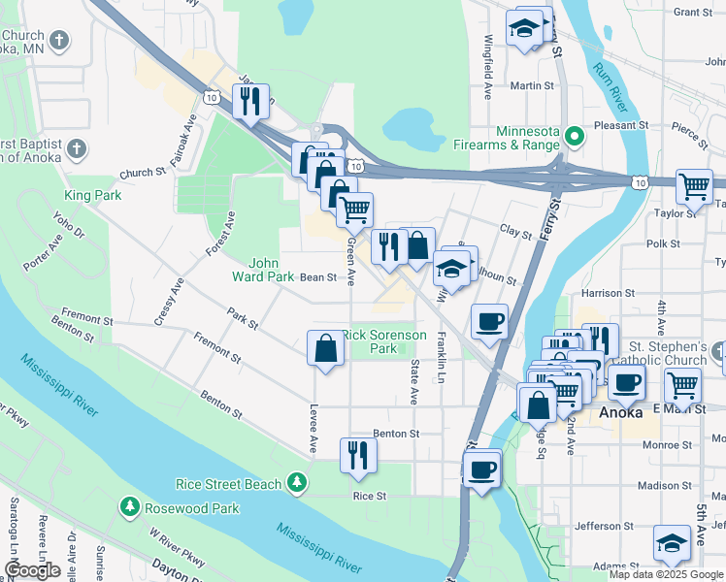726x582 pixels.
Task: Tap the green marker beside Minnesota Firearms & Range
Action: pos(575,137)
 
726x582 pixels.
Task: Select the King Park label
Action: pos(92,195)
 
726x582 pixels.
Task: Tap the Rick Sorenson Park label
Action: pos(383,341)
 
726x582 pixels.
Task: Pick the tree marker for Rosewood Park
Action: pos(128,507)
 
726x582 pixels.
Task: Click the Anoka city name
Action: pos(621,411)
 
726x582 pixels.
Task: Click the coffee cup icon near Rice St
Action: pos(480,471)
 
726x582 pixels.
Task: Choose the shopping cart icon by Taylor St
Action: pos(694,185)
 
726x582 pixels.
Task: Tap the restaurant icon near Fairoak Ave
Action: pos(251,101)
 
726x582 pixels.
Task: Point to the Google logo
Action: pos(32,571)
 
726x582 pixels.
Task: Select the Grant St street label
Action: pos(692,12)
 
